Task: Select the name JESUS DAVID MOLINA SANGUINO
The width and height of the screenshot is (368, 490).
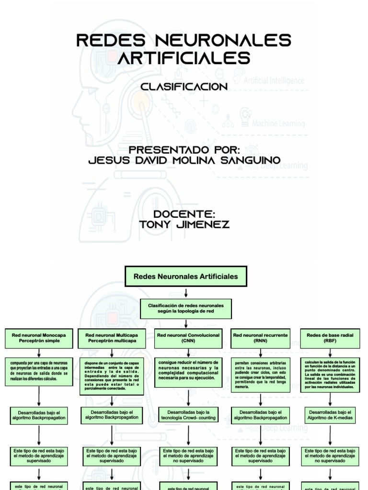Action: (x=184, y=160)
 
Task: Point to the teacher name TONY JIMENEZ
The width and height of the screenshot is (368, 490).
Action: (x=184, y=224)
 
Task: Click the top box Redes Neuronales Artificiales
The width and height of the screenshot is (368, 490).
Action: (x=185, y=277)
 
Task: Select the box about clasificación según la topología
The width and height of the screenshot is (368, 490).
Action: (x=185, y=308)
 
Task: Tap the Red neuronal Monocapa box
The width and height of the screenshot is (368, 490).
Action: (x=39, y=338)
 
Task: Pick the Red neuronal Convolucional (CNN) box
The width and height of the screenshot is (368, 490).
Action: (x=188, y=338)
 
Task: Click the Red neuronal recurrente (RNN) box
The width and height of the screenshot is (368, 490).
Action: (x=260, y=338)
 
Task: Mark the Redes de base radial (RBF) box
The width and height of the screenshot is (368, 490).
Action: (x=330, y=338)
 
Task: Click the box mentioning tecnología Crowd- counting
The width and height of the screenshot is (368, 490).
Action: (x=188, y=415)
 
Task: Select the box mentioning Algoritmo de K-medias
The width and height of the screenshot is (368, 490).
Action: (x=330, y=415)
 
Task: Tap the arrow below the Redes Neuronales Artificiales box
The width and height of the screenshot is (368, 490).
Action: (x=185, y=293)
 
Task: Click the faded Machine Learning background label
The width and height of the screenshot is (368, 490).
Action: (x=278, y=123)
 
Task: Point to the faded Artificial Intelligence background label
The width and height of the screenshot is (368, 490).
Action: (x=274, y=80)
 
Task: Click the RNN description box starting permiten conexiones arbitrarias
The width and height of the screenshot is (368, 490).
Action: (x=260, y=375)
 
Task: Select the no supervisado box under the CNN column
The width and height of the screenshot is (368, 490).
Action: (x=188, y=456)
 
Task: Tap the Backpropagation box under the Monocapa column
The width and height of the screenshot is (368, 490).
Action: (x=39, y=415)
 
